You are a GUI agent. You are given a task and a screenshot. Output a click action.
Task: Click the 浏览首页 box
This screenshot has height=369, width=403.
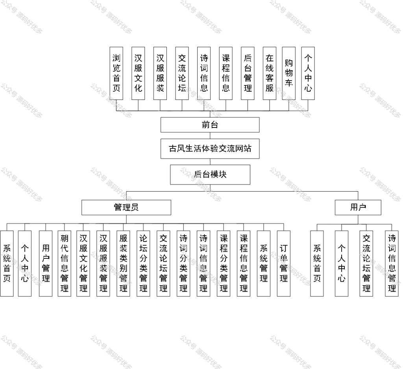[116, 73]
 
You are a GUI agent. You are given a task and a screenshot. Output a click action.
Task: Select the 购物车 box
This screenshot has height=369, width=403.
[288, 73]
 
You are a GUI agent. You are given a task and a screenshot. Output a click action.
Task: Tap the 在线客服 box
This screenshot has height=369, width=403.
[269, 73]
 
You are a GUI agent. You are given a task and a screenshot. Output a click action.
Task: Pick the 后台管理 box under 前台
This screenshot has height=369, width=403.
[248, 73]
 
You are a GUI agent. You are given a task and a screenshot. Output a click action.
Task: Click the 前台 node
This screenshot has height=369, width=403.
[210, 125]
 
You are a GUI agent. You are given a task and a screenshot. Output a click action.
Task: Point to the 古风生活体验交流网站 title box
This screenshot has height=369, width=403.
[210, 149]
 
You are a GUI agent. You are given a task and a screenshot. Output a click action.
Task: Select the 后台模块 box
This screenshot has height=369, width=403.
[210, 175]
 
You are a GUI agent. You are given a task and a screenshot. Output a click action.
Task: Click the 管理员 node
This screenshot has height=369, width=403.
[126, 207]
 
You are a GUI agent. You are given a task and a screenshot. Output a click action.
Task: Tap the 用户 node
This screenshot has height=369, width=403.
[358, 207]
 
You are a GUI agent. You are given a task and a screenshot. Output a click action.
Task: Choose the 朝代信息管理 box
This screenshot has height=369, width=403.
[64, 264]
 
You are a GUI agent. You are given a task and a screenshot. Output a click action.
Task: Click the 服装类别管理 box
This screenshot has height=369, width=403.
[123, 264]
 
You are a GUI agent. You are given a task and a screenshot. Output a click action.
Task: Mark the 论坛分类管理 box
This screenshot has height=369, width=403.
[143, 264]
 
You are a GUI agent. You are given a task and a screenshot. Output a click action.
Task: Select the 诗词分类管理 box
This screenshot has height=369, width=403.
[183, 264]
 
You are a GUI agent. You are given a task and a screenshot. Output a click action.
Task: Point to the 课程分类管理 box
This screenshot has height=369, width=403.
[224, 264]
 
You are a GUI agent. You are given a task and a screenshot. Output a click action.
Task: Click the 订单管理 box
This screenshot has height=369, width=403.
[283, 264]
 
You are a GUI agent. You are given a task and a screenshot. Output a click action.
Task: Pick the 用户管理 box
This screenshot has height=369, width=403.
[46, 264]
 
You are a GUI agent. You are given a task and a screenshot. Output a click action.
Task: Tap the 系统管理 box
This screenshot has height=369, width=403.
[263, 264]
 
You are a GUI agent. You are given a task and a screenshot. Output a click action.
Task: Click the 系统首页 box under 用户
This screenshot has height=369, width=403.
[317, 264]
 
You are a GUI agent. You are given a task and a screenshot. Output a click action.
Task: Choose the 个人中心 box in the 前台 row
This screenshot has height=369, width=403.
[308, 73]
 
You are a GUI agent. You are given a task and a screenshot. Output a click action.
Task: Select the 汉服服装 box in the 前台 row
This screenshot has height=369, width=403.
[160, 73]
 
